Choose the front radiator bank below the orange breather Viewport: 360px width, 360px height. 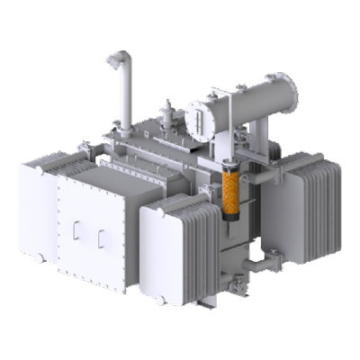point(175,247)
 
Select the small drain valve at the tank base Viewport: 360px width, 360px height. point(239,286)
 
